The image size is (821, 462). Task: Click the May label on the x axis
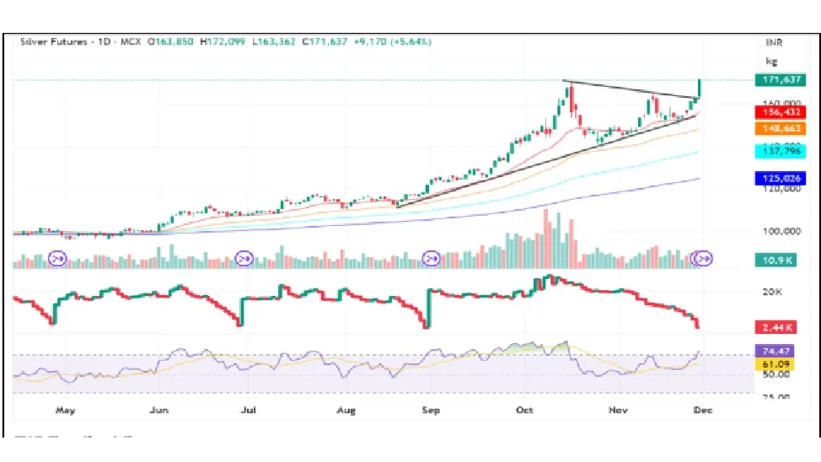point(65,411)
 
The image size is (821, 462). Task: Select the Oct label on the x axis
point(524,411)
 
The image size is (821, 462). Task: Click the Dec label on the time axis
point(701,411)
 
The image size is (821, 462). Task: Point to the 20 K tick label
point(773,293)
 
